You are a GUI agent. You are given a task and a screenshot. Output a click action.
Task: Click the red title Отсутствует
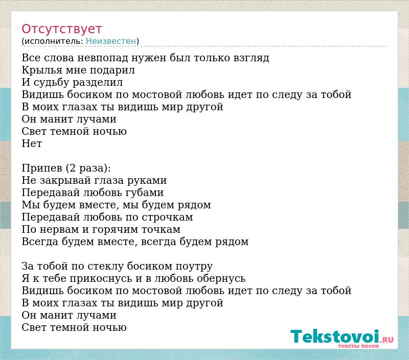61,29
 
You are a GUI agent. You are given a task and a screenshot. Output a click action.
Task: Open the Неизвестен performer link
111,41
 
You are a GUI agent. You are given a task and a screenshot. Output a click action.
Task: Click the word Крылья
42,70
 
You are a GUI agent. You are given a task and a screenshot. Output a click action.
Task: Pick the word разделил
98,83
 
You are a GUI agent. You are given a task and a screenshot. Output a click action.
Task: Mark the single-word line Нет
32,143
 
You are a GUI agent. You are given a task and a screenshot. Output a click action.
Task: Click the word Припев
42,169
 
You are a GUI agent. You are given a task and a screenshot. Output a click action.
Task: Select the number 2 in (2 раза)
72,169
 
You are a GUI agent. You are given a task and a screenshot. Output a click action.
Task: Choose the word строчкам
168,217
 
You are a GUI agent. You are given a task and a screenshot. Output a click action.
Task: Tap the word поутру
194,267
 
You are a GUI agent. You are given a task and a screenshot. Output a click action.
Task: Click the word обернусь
221,279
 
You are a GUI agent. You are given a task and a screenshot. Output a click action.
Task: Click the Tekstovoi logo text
335,337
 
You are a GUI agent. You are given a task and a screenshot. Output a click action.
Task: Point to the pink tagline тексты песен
358,346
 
